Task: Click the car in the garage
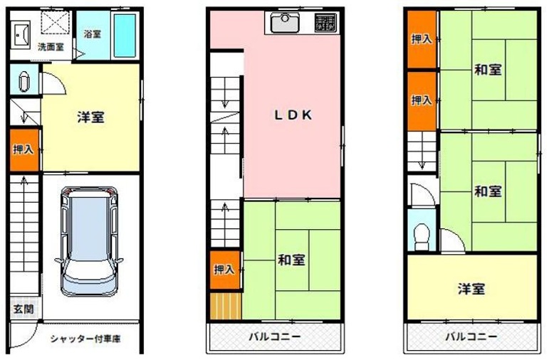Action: pyautogui.click(x=89, y=241)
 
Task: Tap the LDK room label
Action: pyautogui.click(x=293, y=115)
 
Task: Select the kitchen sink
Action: pyautogui.click(x=285, y=22)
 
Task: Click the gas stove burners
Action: pyautogui.click(x=325, y=23)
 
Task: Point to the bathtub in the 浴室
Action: pyautogui.click(x=125, y=36)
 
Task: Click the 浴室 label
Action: pyautogui.click(x=93, y=34)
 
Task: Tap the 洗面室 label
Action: pyautogui.click(x=51, y=46)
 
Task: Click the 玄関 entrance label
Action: pyautogui.click(x=23, y=309)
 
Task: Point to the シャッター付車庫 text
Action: pyautogui.click(x=85, y=339)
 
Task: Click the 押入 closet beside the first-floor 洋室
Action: pyautogui.click(x=23, y=150)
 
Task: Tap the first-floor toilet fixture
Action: pyautogui.click(x=23, y=82)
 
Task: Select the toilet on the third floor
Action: pyautogui.click(x=422, y=236)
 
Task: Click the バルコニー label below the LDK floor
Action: pyautogui.click(x=275, y=337)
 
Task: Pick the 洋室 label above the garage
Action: pyautogui.click(x=90, y=117)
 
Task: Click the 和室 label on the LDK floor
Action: pyautogui.click(x=292, y=260)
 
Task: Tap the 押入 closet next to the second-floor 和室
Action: pyautogui.click(x=225, y=270)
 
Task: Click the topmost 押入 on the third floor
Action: pyautogui.click(x=422, y=39)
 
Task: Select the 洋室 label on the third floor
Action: pyautogui.click(x=471, y=289)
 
